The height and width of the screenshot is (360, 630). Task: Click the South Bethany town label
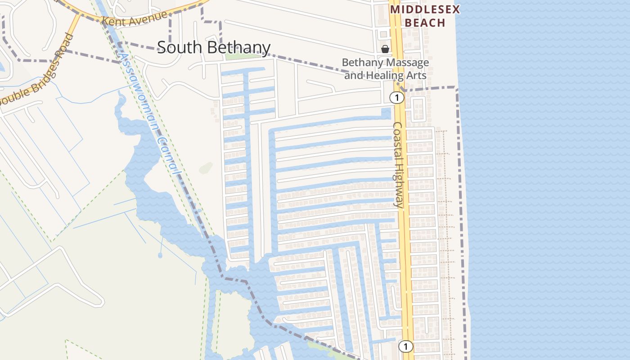tap(213, 48)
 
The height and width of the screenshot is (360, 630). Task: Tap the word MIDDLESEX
tap(425, 9)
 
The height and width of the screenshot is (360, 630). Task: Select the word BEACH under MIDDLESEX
tap(425, 22)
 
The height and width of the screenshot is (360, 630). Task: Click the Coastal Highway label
tap(398, 165)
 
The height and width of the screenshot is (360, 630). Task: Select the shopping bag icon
tap(385, 49)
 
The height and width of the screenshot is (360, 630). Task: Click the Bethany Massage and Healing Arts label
tap(385, 69)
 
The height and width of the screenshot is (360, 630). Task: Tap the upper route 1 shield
tap(396, 97)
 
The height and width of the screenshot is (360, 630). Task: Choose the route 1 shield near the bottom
tap(406, 346)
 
